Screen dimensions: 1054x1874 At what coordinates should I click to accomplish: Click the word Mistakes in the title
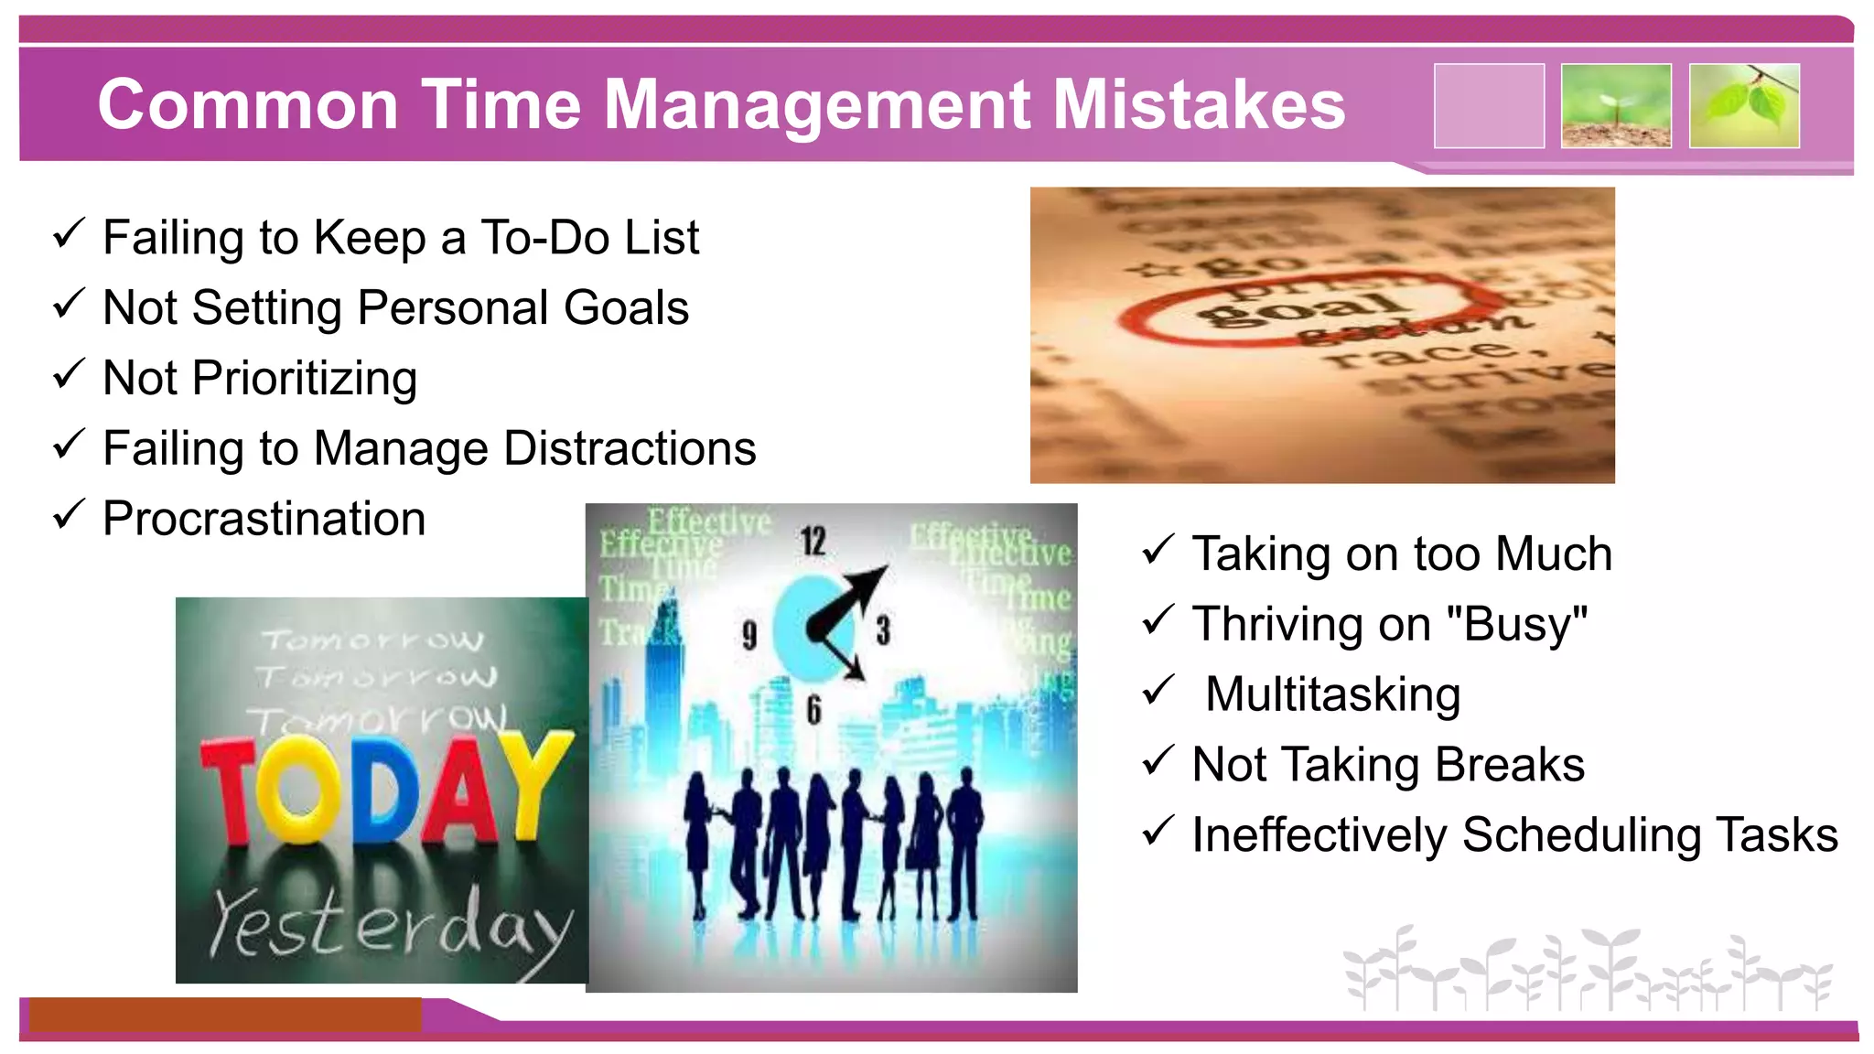click(1199, 105)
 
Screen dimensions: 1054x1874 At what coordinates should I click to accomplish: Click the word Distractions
click(630, 448)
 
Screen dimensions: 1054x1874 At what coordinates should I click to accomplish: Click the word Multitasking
click(1332, 694)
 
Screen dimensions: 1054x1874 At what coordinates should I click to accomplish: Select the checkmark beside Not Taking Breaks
click(1158, 760)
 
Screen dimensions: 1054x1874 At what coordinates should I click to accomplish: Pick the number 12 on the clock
click(813, 541)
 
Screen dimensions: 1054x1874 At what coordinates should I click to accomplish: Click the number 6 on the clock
click(813, 710)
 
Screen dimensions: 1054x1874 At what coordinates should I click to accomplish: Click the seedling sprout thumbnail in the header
click(1616, 106)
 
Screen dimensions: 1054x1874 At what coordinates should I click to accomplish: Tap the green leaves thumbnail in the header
click(1744, 106)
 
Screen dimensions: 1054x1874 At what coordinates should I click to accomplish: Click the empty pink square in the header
click(1489, 106)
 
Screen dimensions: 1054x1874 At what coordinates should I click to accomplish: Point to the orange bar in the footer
click(224, 1014)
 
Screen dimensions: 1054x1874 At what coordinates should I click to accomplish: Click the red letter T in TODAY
click(229, 789)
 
